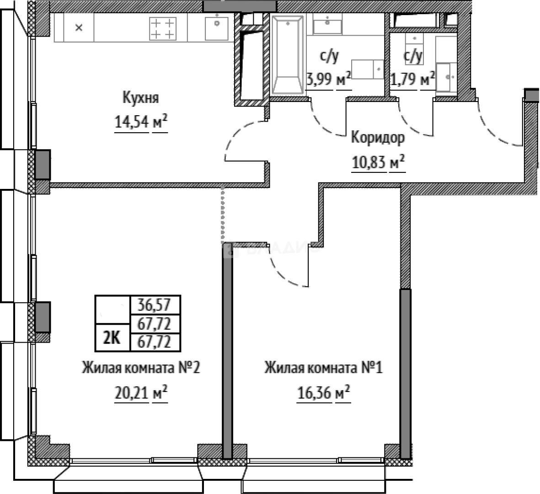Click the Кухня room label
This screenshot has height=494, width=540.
point(140,98)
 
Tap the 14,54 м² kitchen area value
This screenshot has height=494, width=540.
point(140,123)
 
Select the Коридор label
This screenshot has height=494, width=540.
point(377,138)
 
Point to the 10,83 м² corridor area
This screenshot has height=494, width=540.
point(378,161)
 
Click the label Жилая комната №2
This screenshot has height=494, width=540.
point(140,368)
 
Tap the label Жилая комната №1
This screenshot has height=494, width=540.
point(323,368)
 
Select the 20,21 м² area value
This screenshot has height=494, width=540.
point(140,392)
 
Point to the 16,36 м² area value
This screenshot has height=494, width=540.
point(323,392)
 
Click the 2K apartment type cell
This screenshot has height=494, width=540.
point(112,338)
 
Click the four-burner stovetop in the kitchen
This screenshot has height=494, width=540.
point(162,28)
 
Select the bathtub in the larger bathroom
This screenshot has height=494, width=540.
point(287,55)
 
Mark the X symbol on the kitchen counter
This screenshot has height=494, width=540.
point(79,28)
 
